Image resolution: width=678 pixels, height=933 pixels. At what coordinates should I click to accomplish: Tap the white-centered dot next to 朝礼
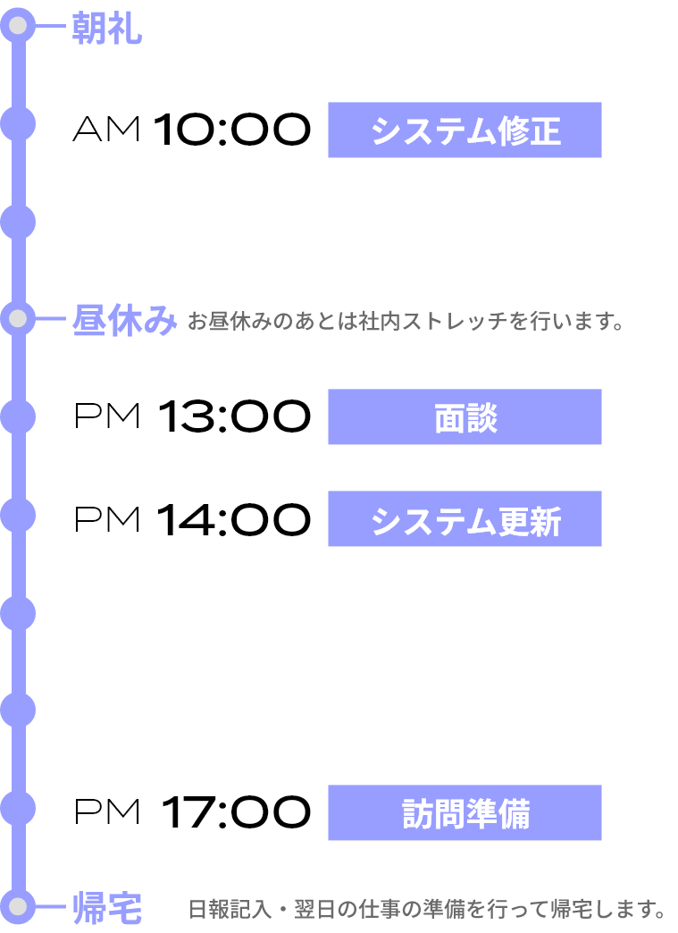(x=18, y=26)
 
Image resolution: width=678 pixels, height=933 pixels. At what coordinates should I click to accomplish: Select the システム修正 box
(x=465, y=130)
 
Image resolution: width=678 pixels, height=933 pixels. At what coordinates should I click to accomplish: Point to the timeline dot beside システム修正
(x=18, y=123)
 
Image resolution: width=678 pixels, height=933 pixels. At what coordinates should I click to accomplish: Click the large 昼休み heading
(x=124, y=320)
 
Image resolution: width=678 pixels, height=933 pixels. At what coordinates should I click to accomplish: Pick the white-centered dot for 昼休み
(x=18, y=318)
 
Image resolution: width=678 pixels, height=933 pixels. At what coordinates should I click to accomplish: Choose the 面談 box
(x=465, y=417)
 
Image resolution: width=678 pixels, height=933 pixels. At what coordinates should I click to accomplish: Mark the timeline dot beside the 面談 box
(x=18, y=417)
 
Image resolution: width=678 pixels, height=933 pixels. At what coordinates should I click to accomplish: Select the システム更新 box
(x=465, y=519)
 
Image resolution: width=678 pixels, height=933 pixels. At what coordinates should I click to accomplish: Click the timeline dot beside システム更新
(x=18, y=516)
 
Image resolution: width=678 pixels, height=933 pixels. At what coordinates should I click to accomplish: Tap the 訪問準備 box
(x=465, y=813)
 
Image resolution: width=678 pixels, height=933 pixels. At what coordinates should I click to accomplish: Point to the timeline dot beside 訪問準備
(x=18, y=808)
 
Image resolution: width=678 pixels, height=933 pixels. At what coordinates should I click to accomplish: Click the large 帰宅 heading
(x=106, y=909)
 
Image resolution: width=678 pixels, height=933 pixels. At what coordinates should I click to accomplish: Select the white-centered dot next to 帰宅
(x=18, y=906)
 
